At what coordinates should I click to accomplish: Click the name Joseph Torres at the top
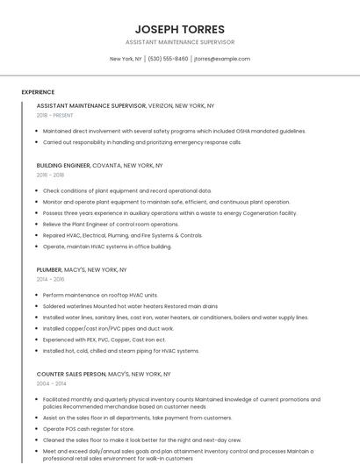click(x=180, y=29)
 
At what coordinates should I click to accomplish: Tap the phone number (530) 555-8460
click(x=168, y=59)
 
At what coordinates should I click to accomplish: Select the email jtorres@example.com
click(x=222, y=59)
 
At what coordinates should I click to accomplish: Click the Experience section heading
click(x=38, y=92)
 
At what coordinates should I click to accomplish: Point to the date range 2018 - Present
click(x=55, y=115)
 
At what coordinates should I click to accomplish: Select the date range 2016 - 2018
click(x=50, y=175)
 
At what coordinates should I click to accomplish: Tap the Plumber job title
click(x=49, y=270)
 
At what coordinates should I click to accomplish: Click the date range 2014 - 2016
click(x=50, y=280)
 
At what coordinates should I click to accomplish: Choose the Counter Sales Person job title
click(x=70, y=374)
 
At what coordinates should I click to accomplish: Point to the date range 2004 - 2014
click(x=51, y=384)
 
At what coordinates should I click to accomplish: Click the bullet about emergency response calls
click(x=141, y=142)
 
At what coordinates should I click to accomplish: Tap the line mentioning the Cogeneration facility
click(x=169, y=213)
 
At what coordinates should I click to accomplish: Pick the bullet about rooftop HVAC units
click(x=100, y=296)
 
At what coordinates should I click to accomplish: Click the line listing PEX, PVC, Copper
click(x=104, y=340)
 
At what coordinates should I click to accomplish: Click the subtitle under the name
click(x=180, y=42)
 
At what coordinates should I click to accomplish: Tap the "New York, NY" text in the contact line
click(x=126, y=59)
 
